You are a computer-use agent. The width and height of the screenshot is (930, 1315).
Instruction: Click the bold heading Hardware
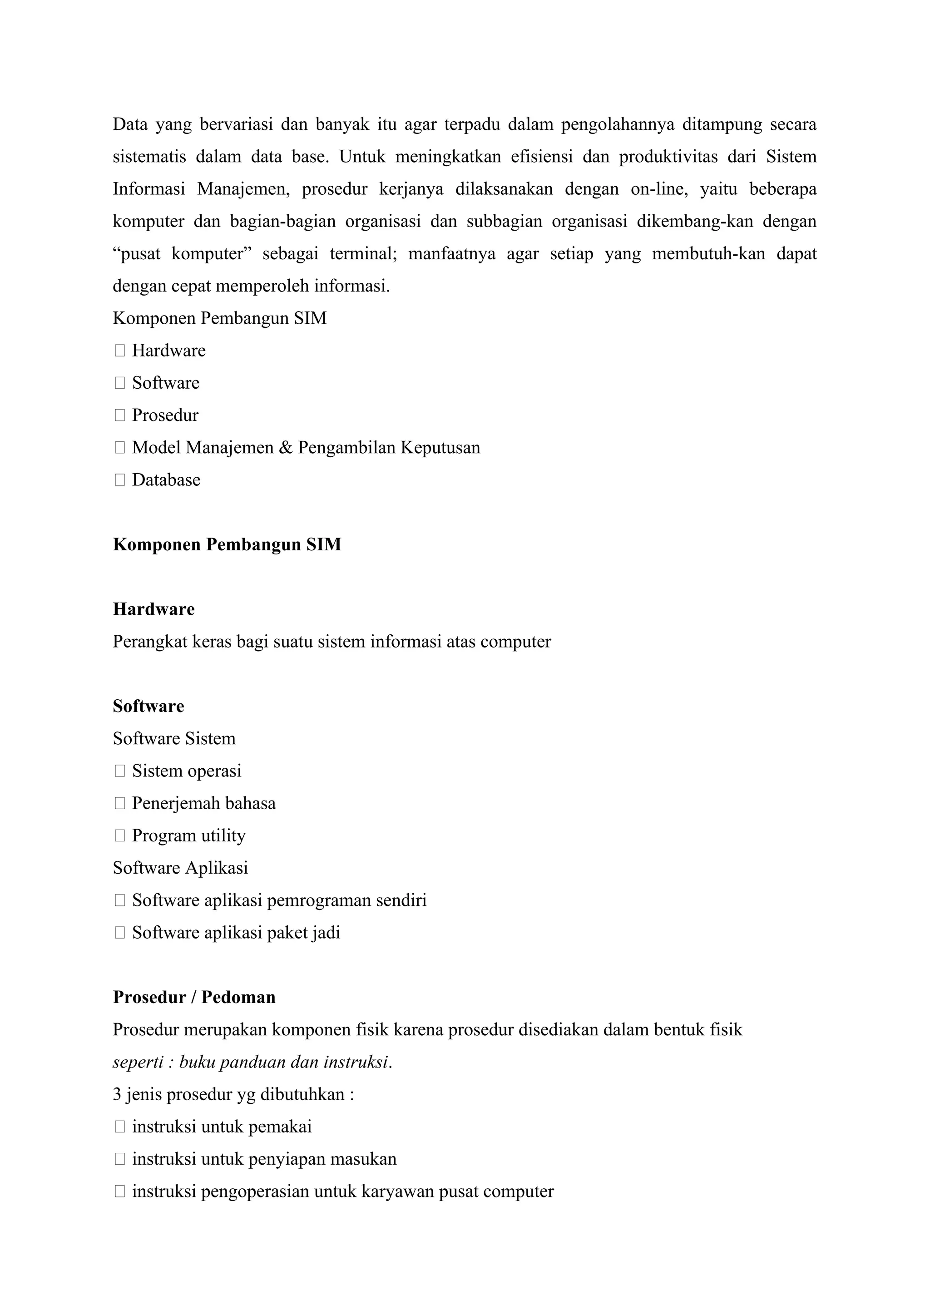[153, 609]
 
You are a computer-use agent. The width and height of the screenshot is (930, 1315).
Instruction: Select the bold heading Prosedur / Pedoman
[194, 997]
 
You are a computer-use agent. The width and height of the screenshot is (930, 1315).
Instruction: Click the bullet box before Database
[120, 480]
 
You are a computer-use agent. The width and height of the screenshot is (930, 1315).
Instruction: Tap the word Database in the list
[166, 480]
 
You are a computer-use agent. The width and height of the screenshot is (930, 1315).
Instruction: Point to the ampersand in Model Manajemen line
[285, 447]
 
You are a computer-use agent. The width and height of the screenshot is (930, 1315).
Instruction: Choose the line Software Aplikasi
[180, 868]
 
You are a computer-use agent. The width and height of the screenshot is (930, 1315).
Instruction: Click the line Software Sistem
[174, 738]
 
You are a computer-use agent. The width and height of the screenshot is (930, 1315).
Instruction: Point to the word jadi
[326, 933]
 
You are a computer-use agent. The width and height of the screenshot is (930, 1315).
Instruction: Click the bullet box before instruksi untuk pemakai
[120, 1127]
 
